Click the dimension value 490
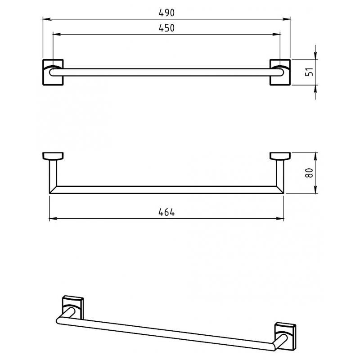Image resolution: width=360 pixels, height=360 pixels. coord(166,13)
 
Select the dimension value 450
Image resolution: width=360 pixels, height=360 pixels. coord(166,28)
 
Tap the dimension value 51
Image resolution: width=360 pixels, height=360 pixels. coord(310,72)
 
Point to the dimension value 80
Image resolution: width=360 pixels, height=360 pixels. coord(310,173)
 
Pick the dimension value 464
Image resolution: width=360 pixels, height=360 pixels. coord(166,212)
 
